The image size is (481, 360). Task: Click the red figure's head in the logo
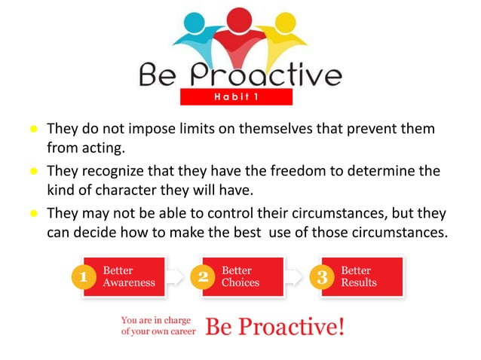click(240, 16)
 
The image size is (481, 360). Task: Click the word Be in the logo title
click(160, 75)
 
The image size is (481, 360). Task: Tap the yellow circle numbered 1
click(84, 277)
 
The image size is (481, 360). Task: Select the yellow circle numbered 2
click(203, 277)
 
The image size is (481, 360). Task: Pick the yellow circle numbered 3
click(322, 277)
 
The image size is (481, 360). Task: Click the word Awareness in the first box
click(129, 283)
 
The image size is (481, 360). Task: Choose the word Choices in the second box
click(240, 283)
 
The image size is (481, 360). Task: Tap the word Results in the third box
click(359, 283)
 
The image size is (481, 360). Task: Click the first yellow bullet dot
click(34, 130)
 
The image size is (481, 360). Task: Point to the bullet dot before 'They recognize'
click(34, 172)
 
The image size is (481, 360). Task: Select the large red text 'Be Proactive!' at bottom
click(275, 327)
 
